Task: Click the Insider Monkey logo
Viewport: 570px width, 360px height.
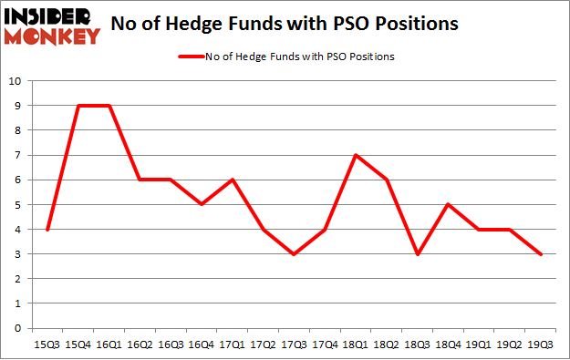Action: (x=51, y=26)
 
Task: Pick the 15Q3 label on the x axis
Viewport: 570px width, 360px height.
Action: (x=48, y=345)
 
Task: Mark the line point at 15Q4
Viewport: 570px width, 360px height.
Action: (x=79, y=106)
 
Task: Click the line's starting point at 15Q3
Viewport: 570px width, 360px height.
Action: (x=48, y=230)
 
